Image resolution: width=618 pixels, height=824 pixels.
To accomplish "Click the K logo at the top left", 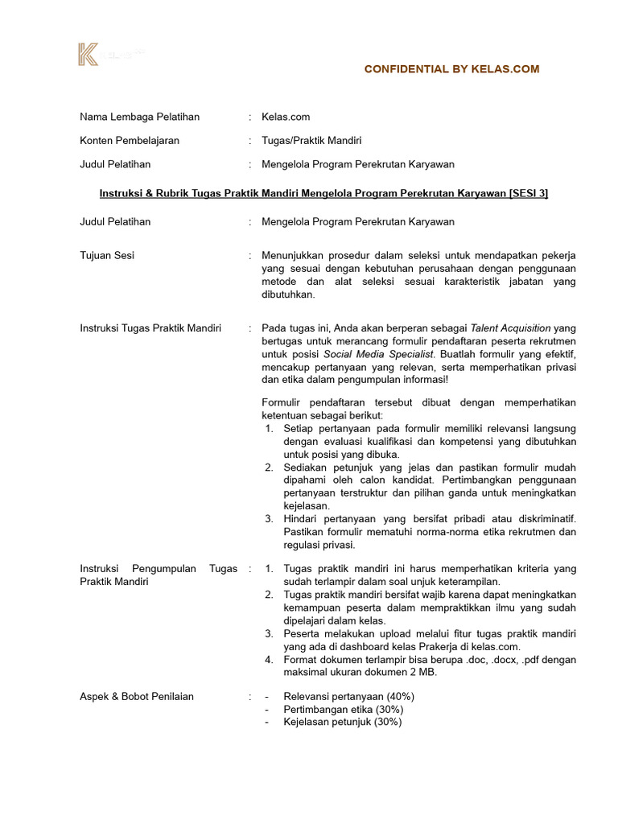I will click(88, 55).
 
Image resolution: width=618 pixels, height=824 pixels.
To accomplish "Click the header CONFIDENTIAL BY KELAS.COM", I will click(451, 69).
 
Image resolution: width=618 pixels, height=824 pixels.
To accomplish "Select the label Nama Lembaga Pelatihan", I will click(139, 117).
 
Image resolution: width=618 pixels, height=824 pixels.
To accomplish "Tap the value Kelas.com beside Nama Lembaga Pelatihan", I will click(285, 117).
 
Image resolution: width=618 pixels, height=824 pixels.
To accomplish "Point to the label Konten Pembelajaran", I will click(130, 140).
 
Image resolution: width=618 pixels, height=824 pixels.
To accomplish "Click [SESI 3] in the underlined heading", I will click(528, 194).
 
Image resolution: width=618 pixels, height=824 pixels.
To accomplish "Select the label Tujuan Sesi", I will click(107, 255).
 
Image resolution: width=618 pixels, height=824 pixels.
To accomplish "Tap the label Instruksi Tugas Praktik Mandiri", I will click(150, 328).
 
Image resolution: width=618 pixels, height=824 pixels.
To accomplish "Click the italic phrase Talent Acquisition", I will click(511, 328).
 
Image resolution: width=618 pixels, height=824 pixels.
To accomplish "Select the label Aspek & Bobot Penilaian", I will click(137, 696).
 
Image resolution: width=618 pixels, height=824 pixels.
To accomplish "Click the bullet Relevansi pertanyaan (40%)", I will click(348, 696).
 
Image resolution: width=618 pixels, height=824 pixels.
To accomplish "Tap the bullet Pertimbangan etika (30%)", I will click(343, 709).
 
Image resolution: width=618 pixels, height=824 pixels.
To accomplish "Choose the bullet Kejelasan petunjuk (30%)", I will click(342, 722).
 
